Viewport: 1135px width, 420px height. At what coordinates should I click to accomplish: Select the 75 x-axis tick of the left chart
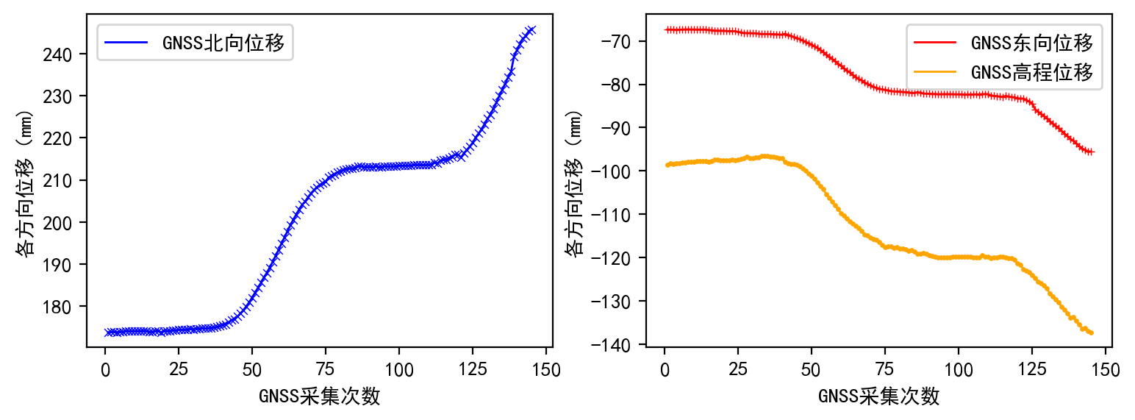point(326,366)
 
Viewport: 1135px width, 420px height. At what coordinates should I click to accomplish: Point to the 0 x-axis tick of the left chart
point(105,366)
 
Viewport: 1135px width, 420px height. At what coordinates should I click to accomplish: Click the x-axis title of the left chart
point(319,396)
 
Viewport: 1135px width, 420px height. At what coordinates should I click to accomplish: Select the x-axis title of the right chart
point(878,396)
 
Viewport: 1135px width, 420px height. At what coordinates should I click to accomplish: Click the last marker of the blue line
point(531,29)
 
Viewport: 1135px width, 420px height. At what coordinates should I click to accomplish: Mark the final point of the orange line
point(1091,333)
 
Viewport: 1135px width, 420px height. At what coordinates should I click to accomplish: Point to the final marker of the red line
point(1091,152)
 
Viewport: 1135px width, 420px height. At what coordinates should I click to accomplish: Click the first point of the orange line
point(667,165)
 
